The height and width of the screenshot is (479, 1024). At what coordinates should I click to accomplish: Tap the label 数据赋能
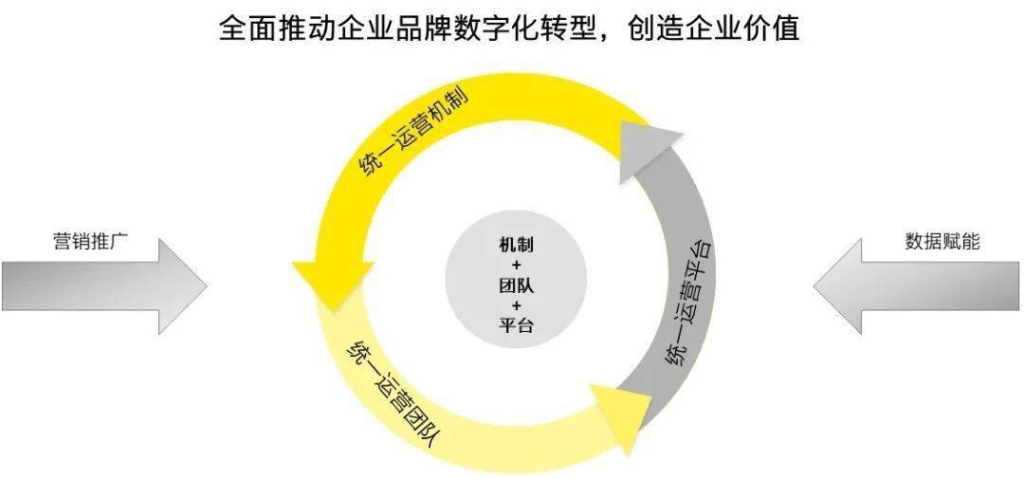point(942,242)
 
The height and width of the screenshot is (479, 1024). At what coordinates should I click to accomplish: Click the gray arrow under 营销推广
point(104,286)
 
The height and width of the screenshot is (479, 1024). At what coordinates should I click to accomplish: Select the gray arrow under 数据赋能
point(916,286)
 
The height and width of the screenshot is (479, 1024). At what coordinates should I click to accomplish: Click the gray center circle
point(515,286)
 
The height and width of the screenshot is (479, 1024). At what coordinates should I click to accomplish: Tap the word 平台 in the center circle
point(515,324)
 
